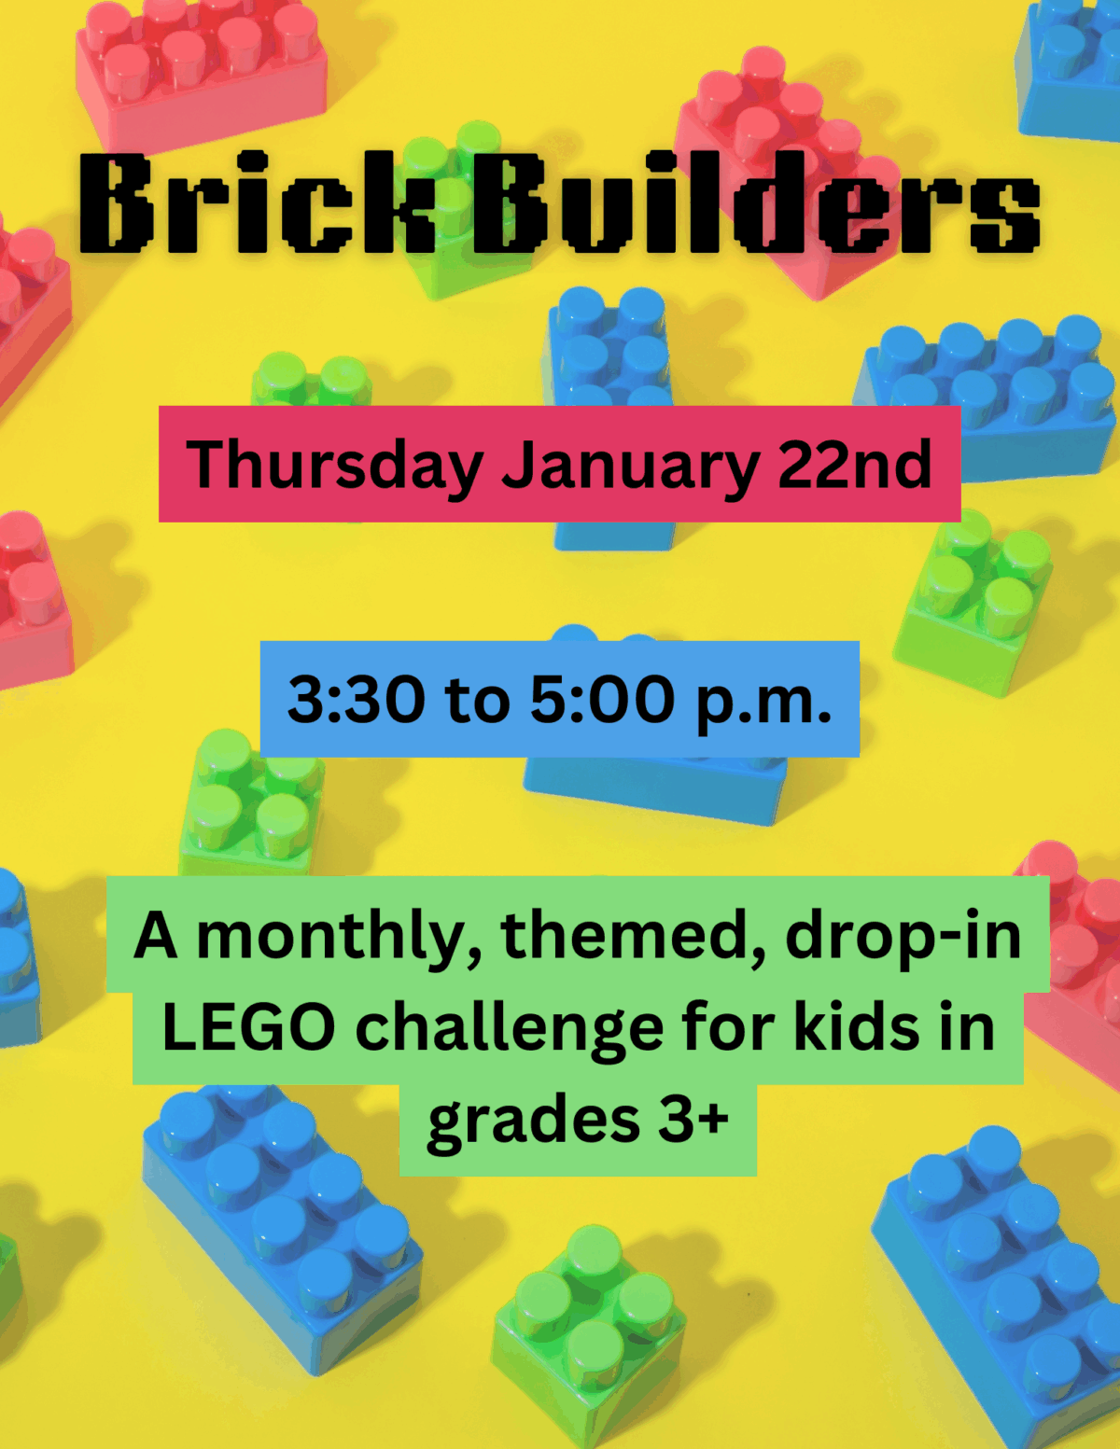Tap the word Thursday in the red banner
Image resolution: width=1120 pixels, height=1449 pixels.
(x=334, y=465)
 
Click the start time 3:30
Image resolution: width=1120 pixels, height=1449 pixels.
(x=355, y=700)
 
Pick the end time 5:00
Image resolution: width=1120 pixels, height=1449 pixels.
(x=602, y=700)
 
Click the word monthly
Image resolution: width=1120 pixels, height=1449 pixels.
(x=341, y=936)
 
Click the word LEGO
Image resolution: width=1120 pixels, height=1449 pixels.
(x=248, y=1027)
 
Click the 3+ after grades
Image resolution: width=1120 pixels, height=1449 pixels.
(x=693, y=1119)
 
